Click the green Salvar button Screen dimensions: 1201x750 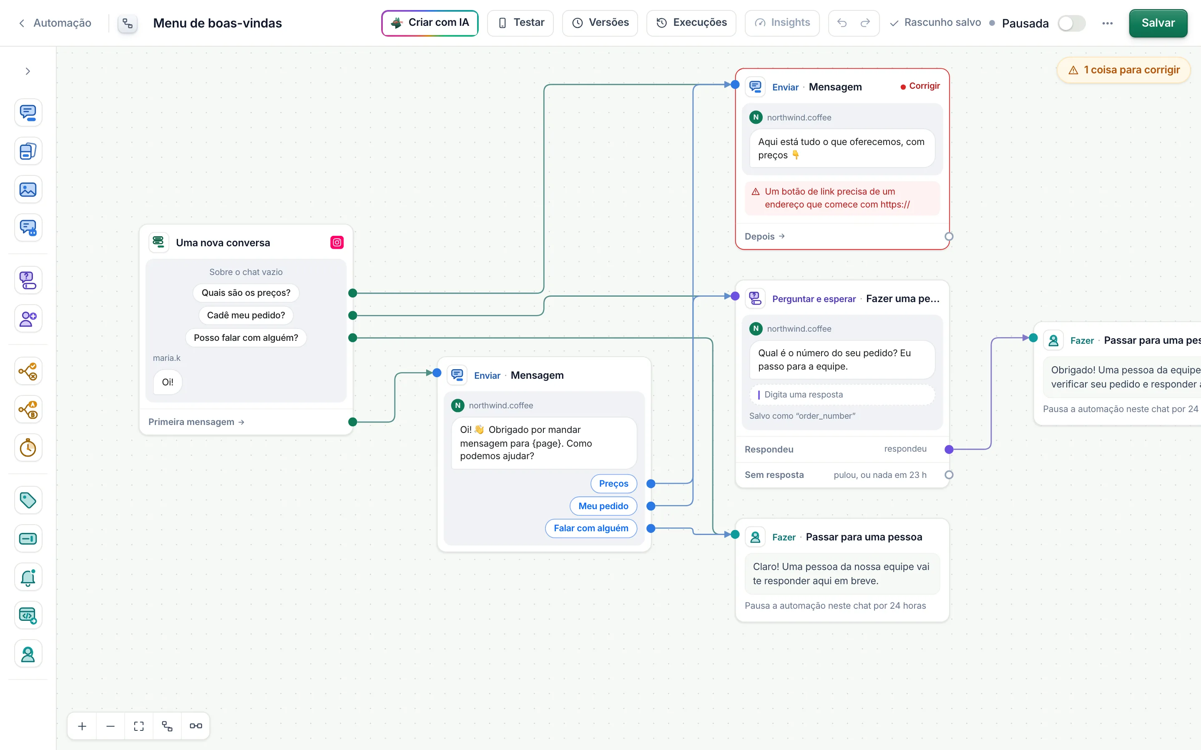1158,23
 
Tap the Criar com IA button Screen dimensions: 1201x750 430,23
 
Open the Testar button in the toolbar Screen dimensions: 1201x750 520,23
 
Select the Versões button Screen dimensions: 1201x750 600,23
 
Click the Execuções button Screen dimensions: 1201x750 691,23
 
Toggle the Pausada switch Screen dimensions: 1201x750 1071,23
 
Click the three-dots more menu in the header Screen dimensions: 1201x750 1107,23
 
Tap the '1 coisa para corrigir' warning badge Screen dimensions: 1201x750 1123,70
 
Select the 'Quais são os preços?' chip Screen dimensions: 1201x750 246,292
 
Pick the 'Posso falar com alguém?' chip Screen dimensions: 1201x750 246,338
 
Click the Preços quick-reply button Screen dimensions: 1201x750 613,484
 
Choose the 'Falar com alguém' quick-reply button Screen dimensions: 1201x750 591,528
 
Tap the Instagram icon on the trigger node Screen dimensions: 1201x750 337,242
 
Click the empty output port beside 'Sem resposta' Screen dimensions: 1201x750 949,475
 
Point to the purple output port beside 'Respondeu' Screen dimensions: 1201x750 949,450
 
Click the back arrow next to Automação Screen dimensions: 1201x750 21,23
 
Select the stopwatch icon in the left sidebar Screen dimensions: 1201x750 28,448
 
